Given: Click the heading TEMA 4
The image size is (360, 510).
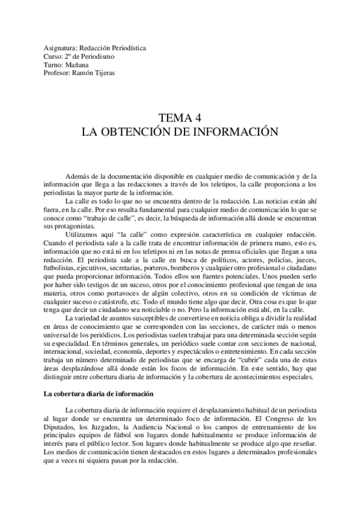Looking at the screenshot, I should pos(180,117).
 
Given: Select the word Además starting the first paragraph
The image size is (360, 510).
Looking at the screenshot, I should pos(78,159).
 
